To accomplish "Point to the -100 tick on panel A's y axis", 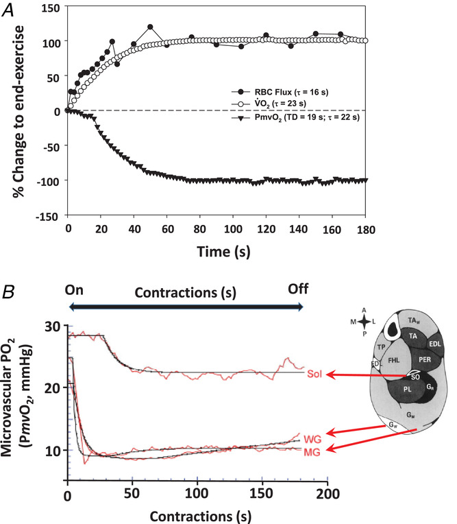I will pos(49,180).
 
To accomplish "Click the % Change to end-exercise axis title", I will pos(14,113).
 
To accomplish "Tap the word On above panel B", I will pos(74,289).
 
